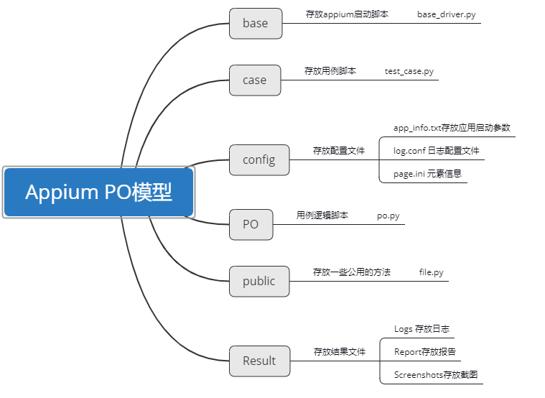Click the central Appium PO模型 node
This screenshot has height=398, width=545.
(99, 193)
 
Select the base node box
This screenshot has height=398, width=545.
(255, 23)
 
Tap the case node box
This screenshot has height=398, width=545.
(254, 80)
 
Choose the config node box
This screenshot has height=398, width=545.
(258, 159)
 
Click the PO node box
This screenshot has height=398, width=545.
(250, 224)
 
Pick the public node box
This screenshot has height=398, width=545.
(258, 281)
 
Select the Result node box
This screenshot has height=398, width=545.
(258, 361)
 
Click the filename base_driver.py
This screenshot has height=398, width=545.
(446, 14)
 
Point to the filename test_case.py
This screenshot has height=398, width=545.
(409, 71)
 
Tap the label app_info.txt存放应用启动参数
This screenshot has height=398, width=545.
(452, 128)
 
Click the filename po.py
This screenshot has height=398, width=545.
(388, 216)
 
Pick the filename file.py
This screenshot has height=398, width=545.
(431, 272)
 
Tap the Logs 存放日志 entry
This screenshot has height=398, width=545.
(421, 329)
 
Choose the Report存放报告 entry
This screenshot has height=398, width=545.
(424, 352)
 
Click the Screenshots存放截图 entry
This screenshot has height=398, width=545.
(435, 375)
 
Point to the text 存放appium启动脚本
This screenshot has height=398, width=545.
(347, 14)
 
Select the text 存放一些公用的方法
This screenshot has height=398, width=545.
(351, 272)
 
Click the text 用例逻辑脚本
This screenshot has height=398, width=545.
(322, 216)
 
